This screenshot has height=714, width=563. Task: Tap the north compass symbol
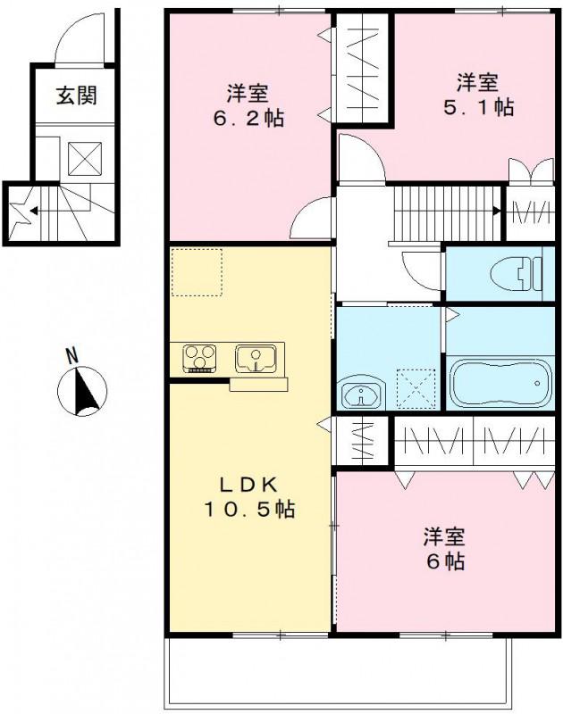pos(82,390)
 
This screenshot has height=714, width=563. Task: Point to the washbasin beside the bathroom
pos(362,393)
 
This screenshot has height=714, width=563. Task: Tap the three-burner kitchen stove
pos(202,359)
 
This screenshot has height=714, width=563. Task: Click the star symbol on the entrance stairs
pos(18,212)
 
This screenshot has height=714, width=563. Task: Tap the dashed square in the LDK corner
pos(197,272)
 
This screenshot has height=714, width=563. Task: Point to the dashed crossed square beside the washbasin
pos(415,389)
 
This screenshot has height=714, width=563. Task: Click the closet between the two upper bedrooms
pos(361,70)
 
